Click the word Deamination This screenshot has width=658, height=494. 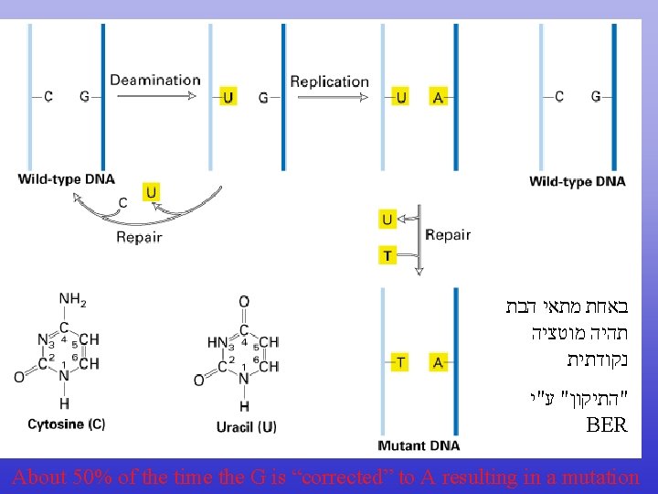click(154, 81)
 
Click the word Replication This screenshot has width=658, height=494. click(329, 81)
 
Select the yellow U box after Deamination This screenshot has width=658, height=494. click(228, 96)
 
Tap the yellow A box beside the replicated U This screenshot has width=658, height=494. click(438, 97)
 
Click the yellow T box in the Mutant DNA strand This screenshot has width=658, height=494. click(400, 362)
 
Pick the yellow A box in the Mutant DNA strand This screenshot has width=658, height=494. click(438, 362)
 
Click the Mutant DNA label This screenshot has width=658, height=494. click(419, 446)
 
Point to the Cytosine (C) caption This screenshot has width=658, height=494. click(66, 424)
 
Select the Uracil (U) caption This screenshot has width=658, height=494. click(246, 426)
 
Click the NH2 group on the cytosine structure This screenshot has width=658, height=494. click(72, 299)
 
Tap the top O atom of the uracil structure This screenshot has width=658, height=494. click(244, 301)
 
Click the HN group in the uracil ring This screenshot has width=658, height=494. click(217, 342)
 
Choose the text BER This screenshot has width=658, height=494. click(607, 425)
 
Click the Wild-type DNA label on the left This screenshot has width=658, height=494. click(66, 179)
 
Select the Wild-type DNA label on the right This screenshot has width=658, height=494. click(577, 181)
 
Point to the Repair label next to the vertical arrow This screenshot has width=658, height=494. click(448, 234)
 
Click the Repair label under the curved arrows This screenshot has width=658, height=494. click(139, 237)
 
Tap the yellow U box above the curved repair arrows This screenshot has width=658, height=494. click(152, 191)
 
